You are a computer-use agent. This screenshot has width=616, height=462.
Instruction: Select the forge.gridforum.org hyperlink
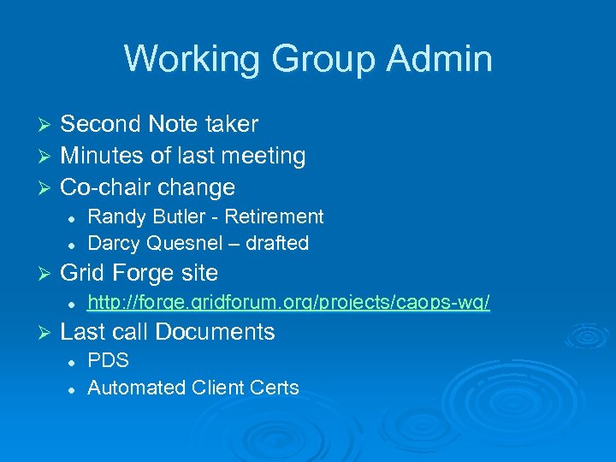pyautogui.click(x=289, y=303)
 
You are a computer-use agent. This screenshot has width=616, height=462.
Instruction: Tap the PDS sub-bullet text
pyautogui.click(x=109, y=360)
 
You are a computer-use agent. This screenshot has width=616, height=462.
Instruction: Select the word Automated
pyautogui.click(x=131, y=388)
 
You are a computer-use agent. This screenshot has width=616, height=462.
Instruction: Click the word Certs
pyautogui.click(x=275, y=388)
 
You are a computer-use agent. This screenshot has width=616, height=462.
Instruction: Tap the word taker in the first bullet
pyautogui.click(x=231, y=124)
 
